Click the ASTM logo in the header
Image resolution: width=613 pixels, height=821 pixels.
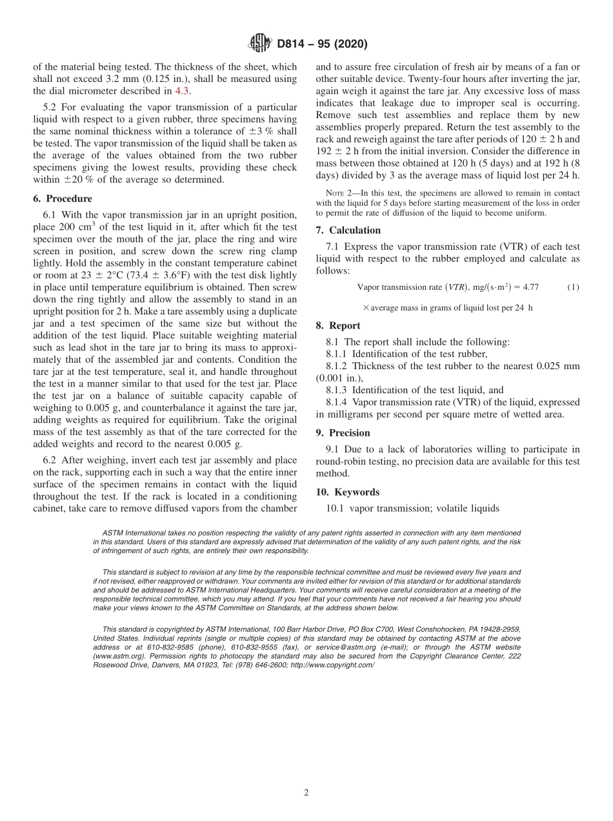click(x=260, y=44)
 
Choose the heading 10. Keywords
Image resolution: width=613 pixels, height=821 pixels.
click(x=347, y=492)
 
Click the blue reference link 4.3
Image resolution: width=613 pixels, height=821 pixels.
click(x=183, y=91)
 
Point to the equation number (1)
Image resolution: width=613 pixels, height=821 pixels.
click(x=573, y=287)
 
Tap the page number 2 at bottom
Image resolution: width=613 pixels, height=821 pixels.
click(x=306, y=793)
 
